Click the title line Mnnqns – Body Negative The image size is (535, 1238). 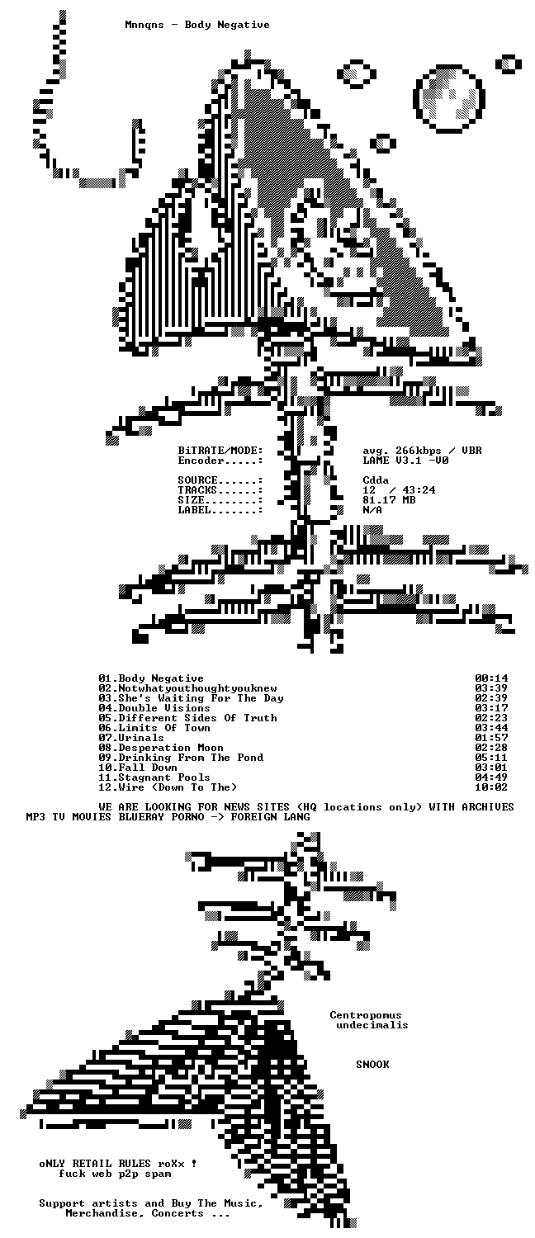(197, 25)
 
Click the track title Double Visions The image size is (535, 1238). (164, 708)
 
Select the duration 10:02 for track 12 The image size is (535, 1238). (490, 787)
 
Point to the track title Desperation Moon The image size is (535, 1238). (171, 748)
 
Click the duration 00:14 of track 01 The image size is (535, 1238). (490, 678)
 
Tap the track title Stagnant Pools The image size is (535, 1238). (164, 777)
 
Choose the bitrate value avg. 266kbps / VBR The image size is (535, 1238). (422, 451)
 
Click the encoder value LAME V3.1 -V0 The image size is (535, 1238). (405, 461)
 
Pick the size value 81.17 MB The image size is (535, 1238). (389, 500)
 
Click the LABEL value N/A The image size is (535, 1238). (372, 510)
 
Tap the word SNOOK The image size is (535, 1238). (372, 1065)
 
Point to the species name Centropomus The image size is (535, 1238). (366, 1015)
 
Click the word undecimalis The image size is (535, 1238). (372, 1025)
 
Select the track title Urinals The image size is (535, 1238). (141, 738)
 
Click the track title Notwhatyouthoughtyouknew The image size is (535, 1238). (197, 688)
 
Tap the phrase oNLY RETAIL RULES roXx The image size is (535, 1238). (111, 1164)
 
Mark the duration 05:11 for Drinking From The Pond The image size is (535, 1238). (490, 758)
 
